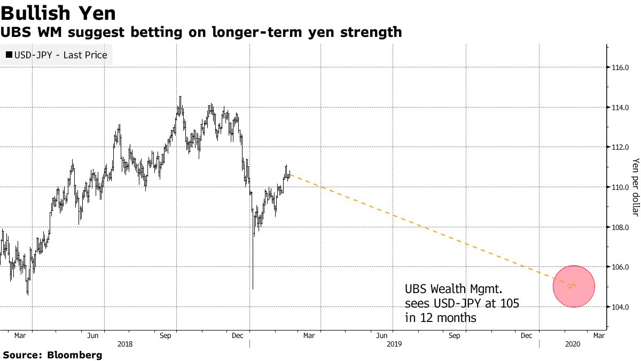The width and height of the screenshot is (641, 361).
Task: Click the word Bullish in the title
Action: pyautogui.click(x=40, y=12)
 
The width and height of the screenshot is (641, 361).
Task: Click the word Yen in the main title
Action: pyautogui.click(x=99, y=12)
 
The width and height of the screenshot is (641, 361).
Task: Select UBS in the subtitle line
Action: pyautogui.click(x=12, y=33)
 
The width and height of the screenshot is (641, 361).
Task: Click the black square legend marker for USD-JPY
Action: pyautogui.click(x=9, y=55)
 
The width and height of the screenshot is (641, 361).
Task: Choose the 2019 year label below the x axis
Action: pyautogui.click(x=393, y=344)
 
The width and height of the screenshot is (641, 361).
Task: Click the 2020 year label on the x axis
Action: pyautogui.click(x=572, y=344)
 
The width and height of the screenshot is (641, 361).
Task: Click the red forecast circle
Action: pyautogui.click(x=574, y=286)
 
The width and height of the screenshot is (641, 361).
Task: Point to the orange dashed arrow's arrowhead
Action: pyautogui.click(x=575, y=285)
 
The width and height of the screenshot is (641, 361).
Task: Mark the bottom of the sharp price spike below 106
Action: pyautogui.click(x=253, y=289)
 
